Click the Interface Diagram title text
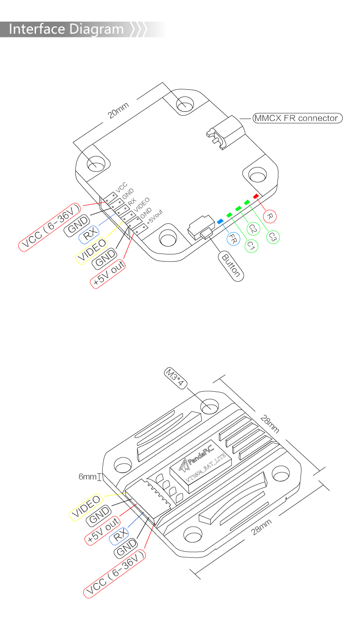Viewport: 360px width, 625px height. point(66,29)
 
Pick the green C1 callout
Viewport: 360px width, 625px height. point(251,245)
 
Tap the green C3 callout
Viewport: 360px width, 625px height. point(273,236)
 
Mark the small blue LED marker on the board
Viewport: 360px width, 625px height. point(220,221)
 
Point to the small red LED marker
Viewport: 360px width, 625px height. point(256,196)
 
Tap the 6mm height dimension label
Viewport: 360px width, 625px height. point(88,477)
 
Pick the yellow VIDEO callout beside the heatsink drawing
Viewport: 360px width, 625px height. point(86,507)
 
